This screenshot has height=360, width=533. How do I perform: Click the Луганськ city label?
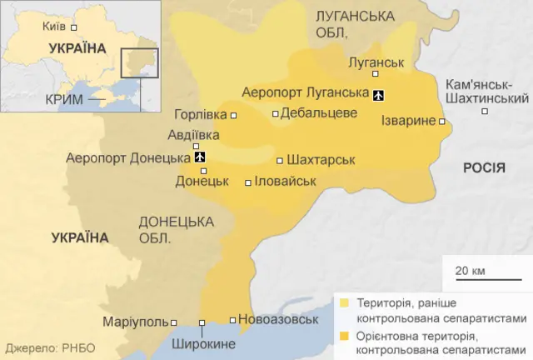point(376,62)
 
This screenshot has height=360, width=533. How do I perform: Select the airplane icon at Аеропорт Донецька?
point(199,157)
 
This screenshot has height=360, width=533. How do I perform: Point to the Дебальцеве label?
point(320,113)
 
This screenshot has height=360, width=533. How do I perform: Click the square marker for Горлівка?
point(233,115)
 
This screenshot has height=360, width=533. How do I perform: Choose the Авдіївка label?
point(193,134)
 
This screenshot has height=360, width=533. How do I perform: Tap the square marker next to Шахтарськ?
point(279,161)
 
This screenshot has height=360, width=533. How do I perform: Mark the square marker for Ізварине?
point(441,122)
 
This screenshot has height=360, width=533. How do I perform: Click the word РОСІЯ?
point(484,168)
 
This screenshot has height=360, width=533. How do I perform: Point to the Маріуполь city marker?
point(174,322)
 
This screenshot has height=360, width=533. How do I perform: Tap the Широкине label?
point(203,343)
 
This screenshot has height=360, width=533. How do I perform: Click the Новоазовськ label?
point(278,319)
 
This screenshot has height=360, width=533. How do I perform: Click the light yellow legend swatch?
point(344,302)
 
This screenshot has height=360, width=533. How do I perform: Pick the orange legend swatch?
point(344,337)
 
